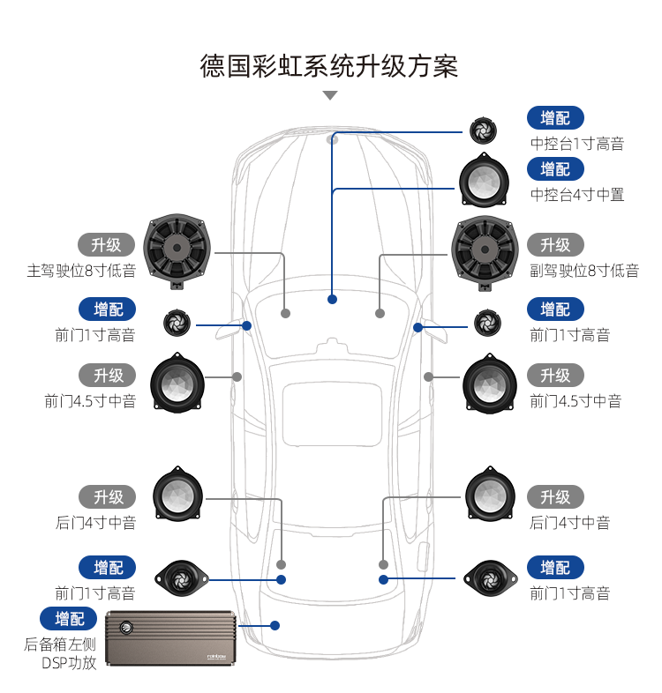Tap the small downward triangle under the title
pyautogui.click(x=330, y=95)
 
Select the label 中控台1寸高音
pyautogui.click(x=576, y=144)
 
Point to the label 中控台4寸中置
pyautogui.click(x=576, y=194)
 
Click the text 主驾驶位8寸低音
pyautogui.click(x=81, y=271)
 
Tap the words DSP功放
pyautogui.click(x=69, y=662)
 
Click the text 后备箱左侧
pyautogui.click(x=60, y=644)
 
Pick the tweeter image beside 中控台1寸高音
pyautogui.click(x=483, y=130)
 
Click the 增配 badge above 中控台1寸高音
pyautogui.click(x=555, y=117)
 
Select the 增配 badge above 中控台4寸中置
pyautogui.click(x=555, y=168)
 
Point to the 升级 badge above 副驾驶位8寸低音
pyautogui.click(x=555, y=244)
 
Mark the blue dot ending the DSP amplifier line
pyautogui.click(x=275, y=625)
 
